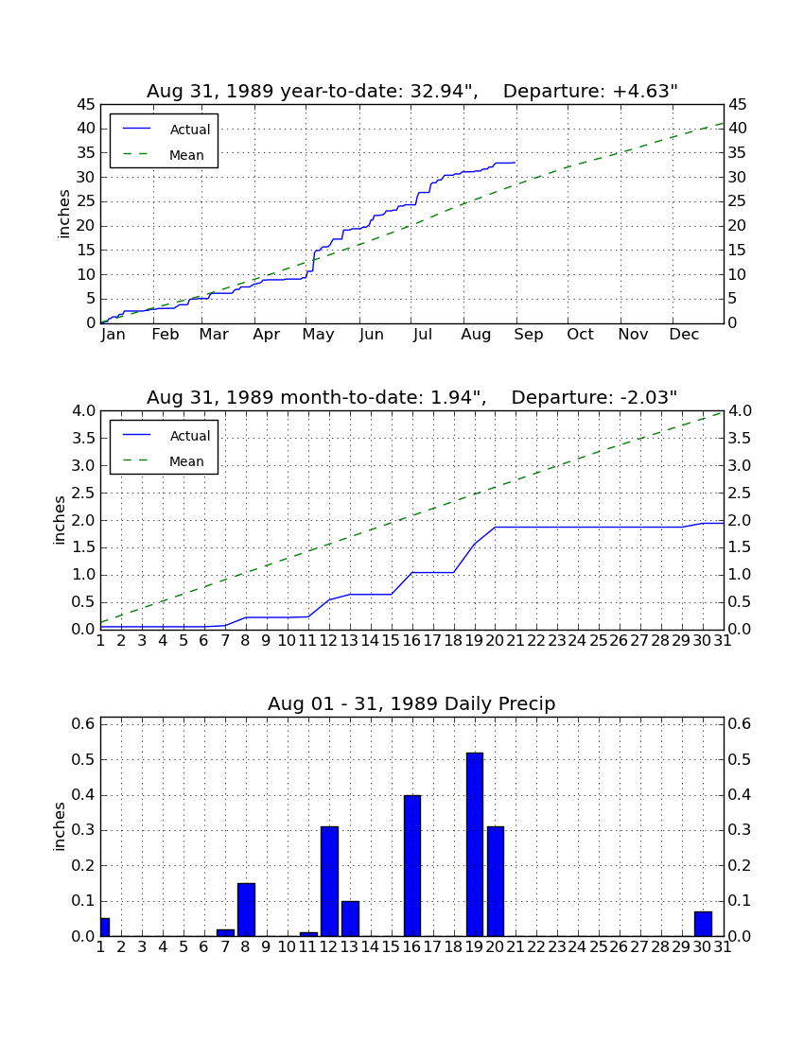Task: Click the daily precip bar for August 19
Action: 474,844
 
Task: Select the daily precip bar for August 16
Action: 412,865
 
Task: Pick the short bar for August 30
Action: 703,924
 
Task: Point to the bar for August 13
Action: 350,919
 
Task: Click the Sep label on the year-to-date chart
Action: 528,335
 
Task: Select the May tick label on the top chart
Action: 319,335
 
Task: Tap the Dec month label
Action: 684,335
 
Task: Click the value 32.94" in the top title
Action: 445,92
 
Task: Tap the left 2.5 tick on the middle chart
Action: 83,493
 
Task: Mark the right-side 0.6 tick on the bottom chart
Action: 740,723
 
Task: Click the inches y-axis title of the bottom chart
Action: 60,826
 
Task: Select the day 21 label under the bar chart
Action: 516,947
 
